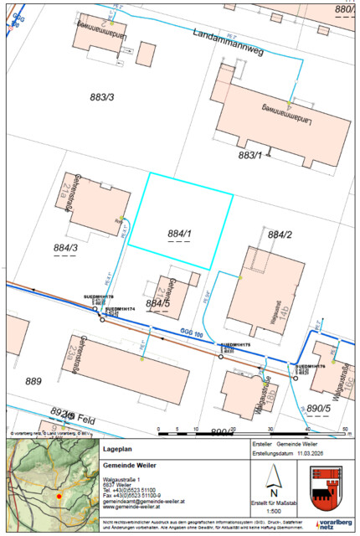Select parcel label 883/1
(250, 155)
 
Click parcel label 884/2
(280, 235)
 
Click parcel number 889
(33, 381)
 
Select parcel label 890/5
(320, 408)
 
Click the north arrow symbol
(272, 480)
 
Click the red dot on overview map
(59, 497)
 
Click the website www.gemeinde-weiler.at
(131, 508)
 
